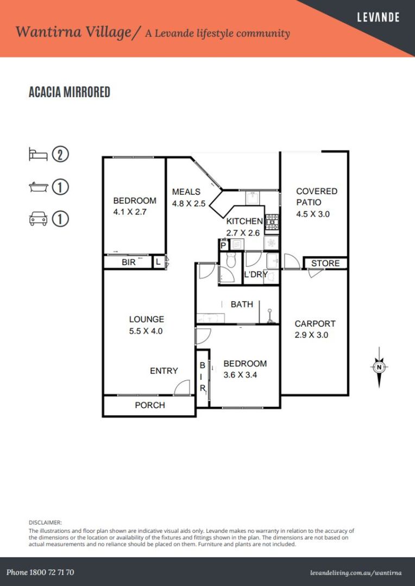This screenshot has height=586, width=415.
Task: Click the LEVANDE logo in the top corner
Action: click(378, 17)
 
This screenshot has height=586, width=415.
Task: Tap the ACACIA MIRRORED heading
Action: click(70, 92)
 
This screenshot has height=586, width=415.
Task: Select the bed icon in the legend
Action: click(38, 154)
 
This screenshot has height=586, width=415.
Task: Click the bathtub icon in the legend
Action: click(38, 187)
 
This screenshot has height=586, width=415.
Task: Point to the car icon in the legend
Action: click(38, 219)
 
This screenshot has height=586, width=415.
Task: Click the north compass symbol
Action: click(379, 367)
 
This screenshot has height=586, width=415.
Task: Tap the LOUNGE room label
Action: click(146, 319)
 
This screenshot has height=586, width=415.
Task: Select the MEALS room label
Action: click(186, 192)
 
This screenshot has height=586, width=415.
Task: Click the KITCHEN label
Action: click(244, 221)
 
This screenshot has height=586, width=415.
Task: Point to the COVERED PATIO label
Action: click(317, 196)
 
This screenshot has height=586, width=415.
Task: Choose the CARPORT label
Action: click(315, 323)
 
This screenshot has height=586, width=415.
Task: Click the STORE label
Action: click(325, 263)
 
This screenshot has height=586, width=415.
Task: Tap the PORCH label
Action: click(150, 405)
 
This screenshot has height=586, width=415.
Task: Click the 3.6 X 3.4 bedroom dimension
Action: click(240, 375)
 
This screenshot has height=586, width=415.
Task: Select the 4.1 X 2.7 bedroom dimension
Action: click(130, 212)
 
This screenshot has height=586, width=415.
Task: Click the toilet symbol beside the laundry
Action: click(231, 260)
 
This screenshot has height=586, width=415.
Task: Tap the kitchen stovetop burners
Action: click(272, 222)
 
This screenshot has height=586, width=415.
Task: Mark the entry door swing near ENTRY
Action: click(182, 387)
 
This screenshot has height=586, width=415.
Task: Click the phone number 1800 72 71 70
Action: click(40, 572)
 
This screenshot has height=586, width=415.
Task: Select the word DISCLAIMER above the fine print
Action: click(45, 523)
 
